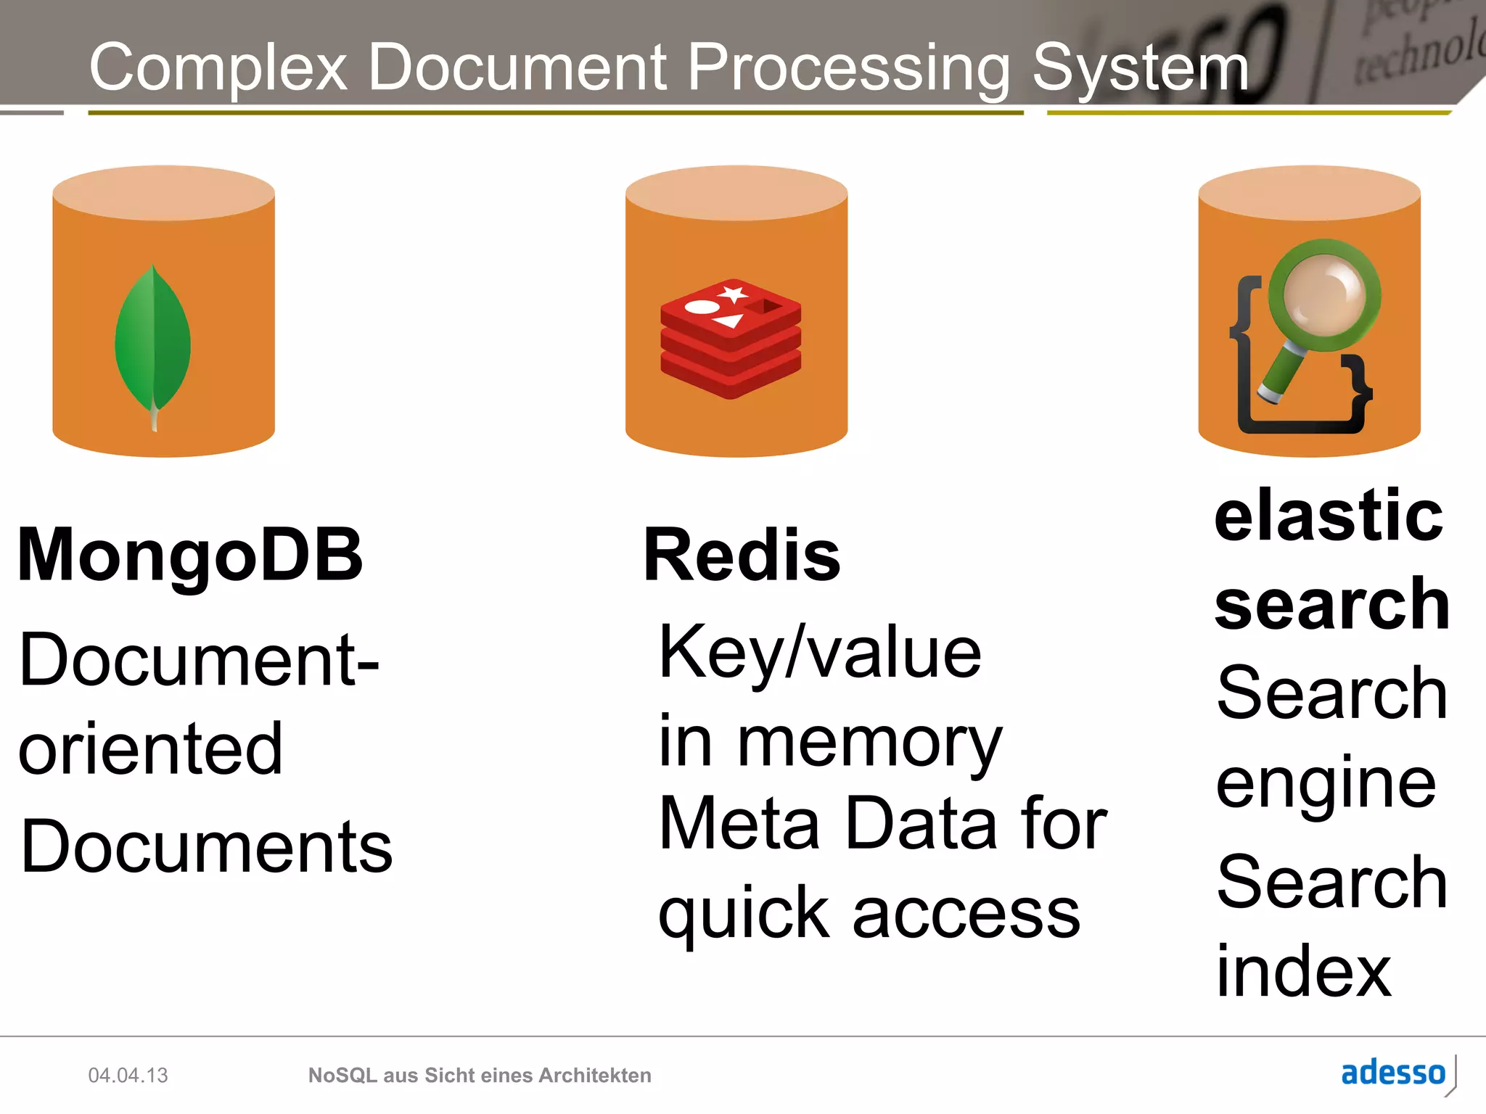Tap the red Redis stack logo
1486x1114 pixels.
[x=731, y=338]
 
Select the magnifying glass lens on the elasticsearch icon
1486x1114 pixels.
[x=1324, y=296]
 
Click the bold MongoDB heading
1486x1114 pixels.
[x=190, y=555]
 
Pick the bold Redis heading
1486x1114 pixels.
[x=742, y=555]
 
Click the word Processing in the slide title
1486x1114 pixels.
[x=848, y=67]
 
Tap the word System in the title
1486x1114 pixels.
[x=1140, y=67]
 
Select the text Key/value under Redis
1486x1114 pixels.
[x=820, y=653]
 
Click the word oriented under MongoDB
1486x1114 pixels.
[x=150, y=748]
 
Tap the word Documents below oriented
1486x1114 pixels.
[x=207, y=846]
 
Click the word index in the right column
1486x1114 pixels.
[x=1303, y=970]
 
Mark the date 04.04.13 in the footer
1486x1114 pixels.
[x=128, y=1075]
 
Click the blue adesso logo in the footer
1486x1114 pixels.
[x=1393, y=1073]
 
